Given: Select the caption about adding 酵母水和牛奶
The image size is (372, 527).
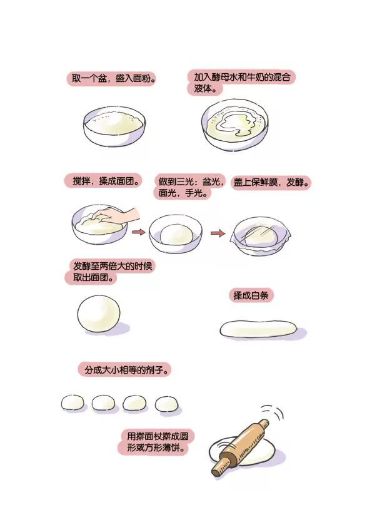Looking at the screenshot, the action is (241, 83).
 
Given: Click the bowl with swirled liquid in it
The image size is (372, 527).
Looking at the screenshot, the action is (235, 125).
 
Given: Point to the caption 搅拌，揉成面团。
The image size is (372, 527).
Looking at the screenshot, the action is (103, 181).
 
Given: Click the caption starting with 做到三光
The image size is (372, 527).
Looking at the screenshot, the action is (189, 187).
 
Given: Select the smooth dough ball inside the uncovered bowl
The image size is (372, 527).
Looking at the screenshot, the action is (176, 234).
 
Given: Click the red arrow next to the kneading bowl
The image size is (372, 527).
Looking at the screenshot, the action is (138, 232).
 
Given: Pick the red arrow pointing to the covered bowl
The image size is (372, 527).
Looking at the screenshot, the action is (218, 233).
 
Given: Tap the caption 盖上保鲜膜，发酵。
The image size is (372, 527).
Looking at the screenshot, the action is (271, 183).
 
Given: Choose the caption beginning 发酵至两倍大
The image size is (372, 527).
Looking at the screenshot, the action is (109, 272).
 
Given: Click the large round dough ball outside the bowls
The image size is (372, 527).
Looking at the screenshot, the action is (99, 314).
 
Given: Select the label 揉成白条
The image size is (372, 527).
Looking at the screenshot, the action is (251, 295).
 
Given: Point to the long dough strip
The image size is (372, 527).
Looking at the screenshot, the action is (258, 329).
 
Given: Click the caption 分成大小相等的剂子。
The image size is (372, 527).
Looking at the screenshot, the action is (125, 370).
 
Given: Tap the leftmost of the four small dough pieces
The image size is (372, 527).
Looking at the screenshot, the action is (73, 402).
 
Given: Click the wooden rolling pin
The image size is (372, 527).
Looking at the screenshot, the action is (240, 447).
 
